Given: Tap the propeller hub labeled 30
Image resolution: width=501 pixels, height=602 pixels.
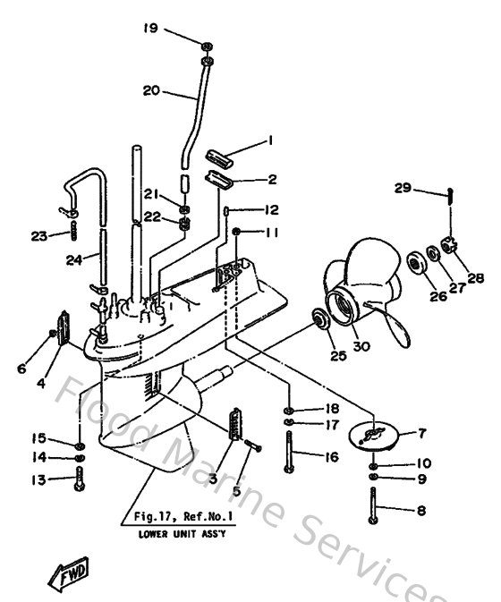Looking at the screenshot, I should [x=345, y=303].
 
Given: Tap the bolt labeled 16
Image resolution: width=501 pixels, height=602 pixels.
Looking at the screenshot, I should [x=290, y=451].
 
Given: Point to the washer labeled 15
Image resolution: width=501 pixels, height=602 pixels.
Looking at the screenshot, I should [x=81, y=444].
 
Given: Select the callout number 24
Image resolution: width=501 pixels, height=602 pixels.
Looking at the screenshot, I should [x=76, y=260].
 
